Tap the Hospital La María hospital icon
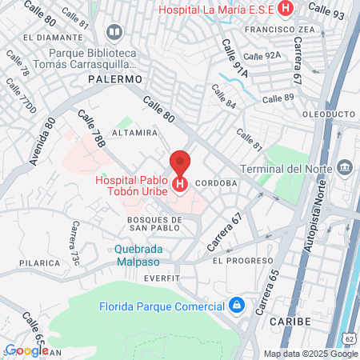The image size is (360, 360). (287, 10)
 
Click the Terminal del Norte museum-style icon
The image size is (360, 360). (345, 168)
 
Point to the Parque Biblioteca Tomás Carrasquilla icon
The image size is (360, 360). (114, 33)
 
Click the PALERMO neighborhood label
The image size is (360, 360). (114, 80)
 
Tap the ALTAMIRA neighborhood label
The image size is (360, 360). (134, 131)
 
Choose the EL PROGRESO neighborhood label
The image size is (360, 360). (238, 261)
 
